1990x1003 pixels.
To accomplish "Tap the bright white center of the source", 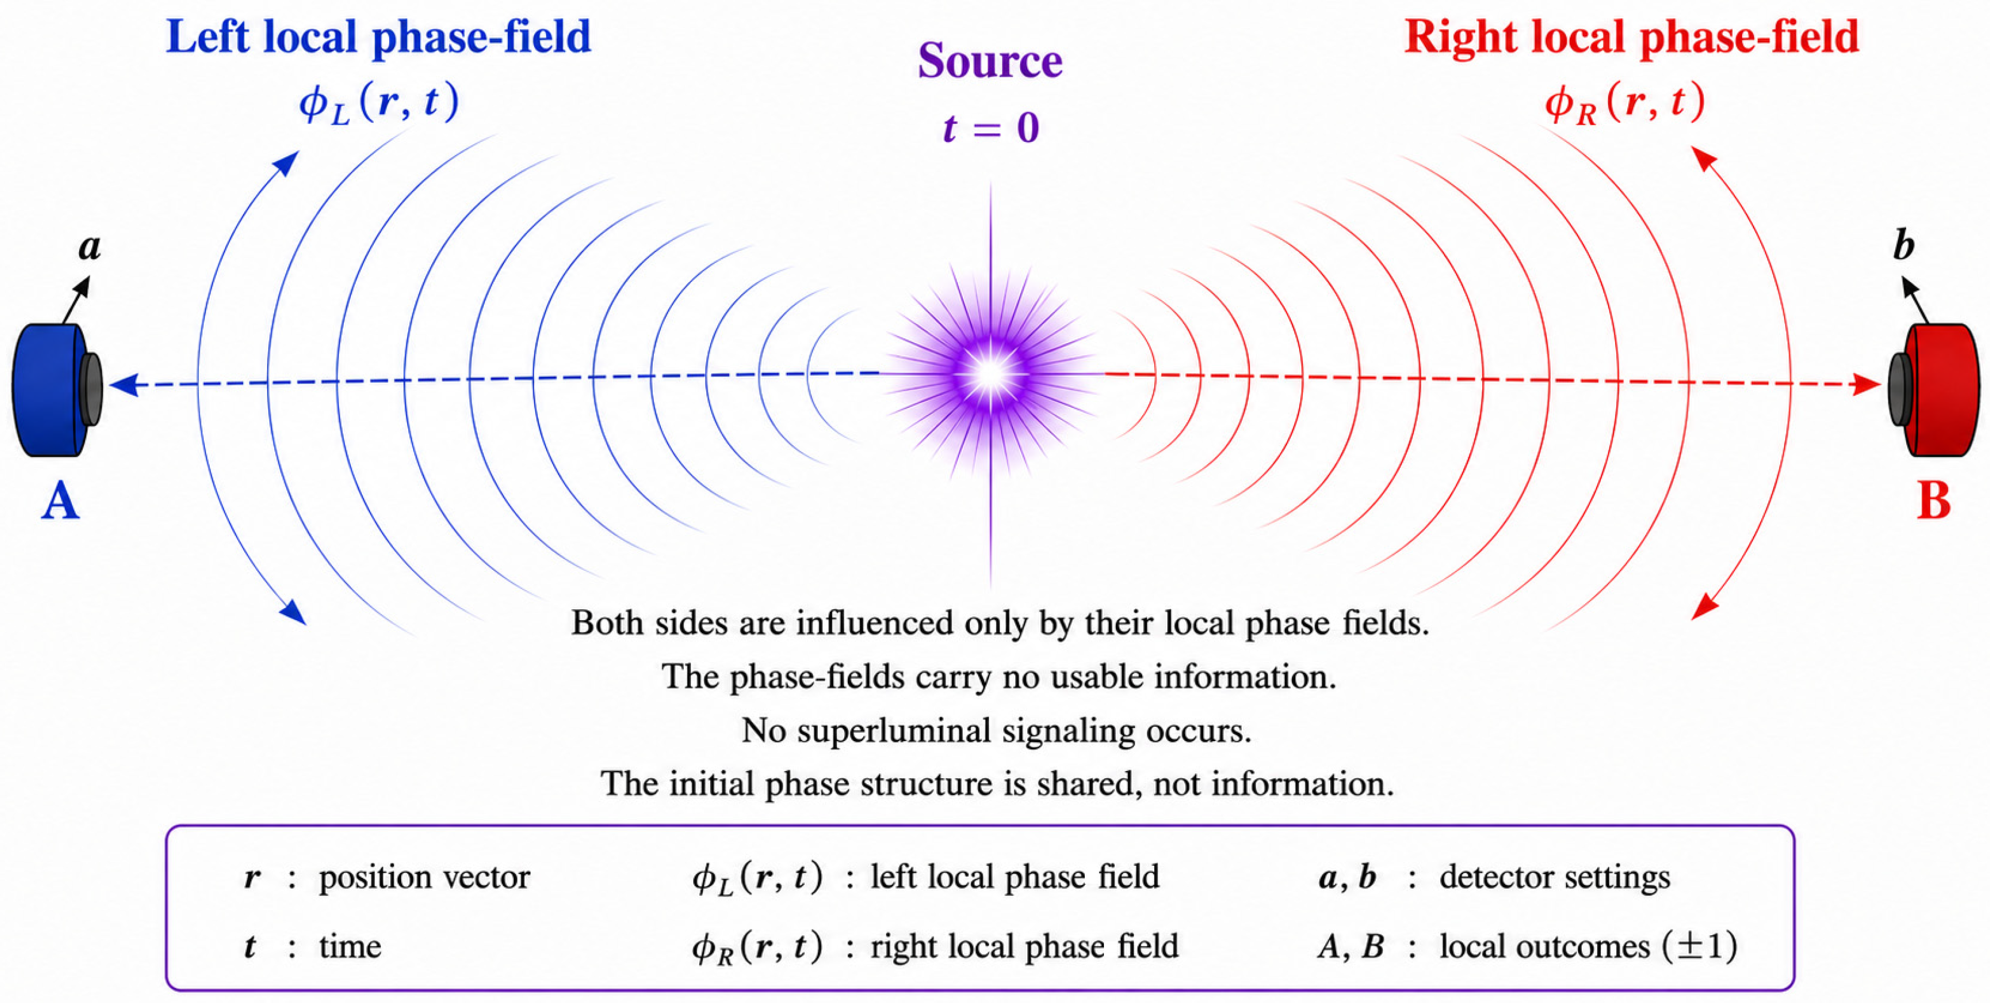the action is (991, 375).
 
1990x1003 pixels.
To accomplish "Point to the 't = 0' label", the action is (991, 127).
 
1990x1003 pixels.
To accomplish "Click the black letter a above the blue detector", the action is (90, 247).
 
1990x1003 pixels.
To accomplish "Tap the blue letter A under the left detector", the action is (60, 501).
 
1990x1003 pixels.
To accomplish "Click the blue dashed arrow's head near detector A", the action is (124, 384).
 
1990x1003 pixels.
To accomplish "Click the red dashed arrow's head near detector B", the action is (1866, 384).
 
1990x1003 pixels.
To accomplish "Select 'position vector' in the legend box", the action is (424, 877).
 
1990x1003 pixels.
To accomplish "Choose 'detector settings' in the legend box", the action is (1554, 877).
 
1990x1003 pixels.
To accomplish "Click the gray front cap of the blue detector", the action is (91, 390).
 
